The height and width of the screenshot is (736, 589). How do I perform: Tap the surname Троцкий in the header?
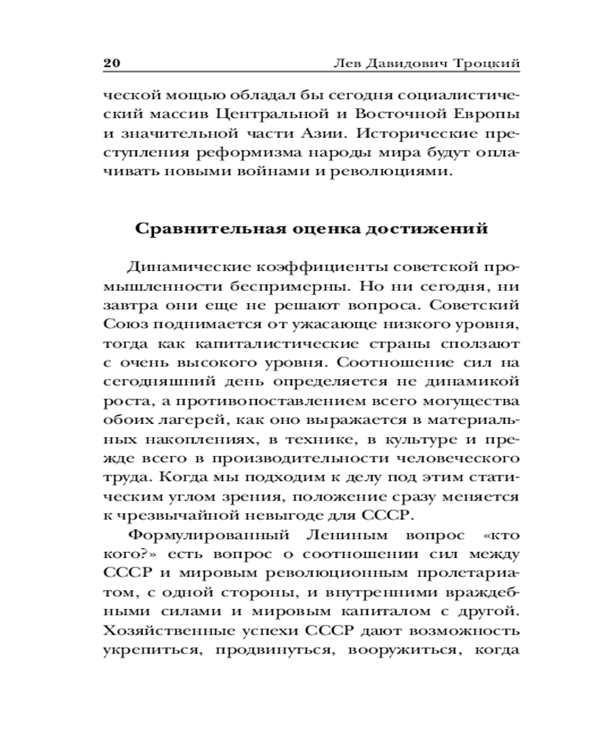point(489,63)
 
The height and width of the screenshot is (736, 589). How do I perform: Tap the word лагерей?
point(184,419)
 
